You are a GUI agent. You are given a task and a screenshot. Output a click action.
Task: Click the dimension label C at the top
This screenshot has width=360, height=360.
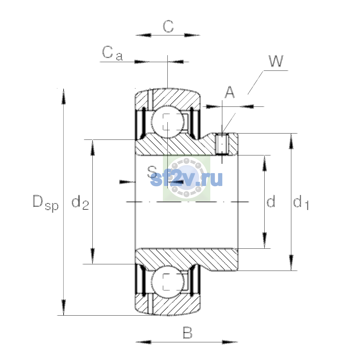pos(168,26)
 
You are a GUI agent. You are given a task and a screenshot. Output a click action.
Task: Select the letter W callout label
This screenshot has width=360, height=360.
pos(276,61)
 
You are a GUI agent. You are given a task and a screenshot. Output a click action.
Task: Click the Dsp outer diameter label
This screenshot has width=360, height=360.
pos(46,203)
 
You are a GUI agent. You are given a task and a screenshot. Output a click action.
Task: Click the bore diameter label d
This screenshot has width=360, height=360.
pos(271,201)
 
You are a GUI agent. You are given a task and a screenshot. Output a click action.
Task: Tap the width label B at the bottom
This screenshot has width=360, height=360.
pos(187,333)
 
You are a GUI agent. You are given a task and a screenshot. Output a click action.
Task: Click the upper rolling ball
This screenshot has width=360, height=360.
pos(168,121)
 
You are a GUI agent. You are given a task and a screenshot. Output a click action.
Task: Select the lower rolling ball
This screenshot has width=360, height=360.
pos(168,282)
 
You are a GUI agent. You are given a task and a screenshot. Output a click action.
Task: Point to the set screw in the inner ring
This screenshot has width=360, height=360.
pos(222,144)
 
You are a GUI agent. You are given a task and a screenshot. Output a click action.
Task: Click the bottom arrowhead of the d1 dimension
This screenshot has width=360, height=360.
pos(291,263)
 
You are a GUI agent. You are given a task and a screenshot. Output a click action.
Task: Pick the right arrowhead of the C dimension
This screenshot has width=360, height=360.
pos(192,35)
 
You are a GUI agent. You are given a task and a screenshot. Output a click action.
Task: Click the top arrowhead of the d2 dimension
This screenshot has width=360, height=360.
pos(92,148)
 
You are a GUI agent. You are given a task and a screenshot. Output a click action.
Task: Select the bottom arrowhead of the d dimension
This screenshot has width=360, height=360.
pos(264,240)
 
